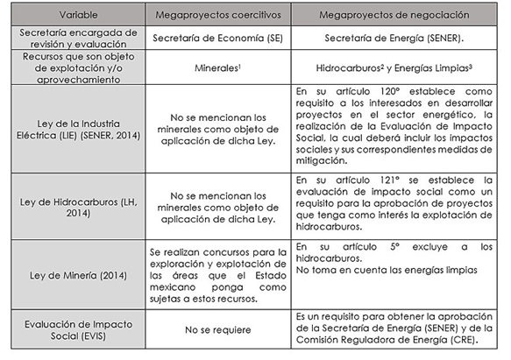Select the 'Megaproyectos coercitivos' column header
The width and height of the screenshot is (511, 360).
216,15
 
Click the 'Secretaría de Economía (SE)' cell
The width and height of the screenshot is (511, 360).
216,39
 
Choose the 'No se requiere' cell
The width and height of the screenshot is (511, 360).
216,330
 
